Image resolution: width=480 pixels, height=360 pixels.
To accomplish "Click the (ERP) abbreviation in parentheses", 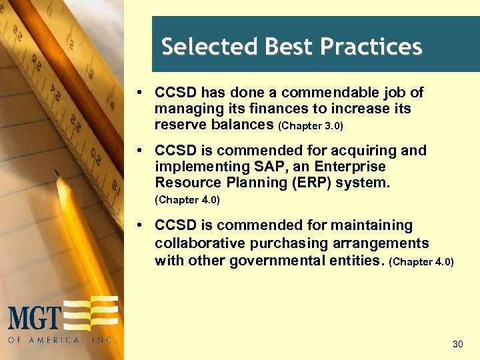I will pos(308,183).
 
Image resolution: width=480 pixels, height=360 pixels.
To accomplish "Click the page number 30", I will pos(457,344).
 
